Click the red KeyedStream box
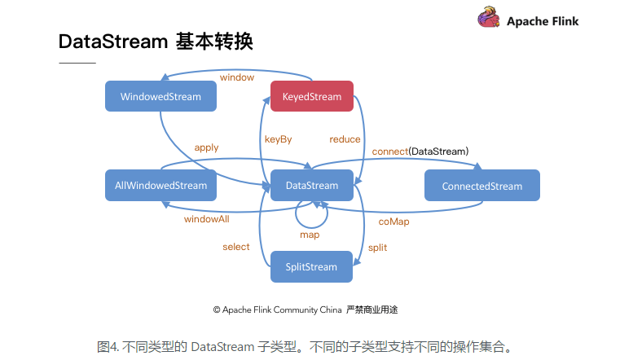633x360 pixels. pos(312,97)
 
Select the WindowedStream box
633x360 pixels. pos(160,97)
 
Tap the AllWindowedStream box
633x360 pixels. pos(160,186)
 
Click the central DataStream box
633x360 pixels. pos(312,186)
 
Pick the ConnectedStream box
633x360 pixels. pos(482,186)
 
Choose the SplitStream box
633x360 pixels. pos(311,267)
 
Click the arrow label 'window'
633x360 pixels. pos(237,77)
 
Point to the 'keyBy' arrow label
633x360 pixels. pos(278,139)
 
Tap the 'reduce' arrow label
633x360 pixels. pos(345,139)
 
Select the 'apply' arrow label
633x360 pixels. pos(206,147)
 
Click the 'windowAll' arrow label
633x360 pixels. pos(206,219)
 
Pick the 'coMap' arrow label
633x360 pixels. pos(394,221)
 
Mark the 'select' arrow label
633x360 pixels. pos(236,247)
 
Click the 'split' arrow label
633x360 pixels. pos(377,247)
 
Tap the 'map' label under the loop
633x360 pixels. pos(310,235)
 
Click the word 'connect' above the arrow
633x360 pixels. pos(389,151)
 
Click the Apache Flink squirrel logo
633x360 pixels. pos(489,19)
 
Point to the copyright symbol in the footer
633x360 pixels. pos(218,310)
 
